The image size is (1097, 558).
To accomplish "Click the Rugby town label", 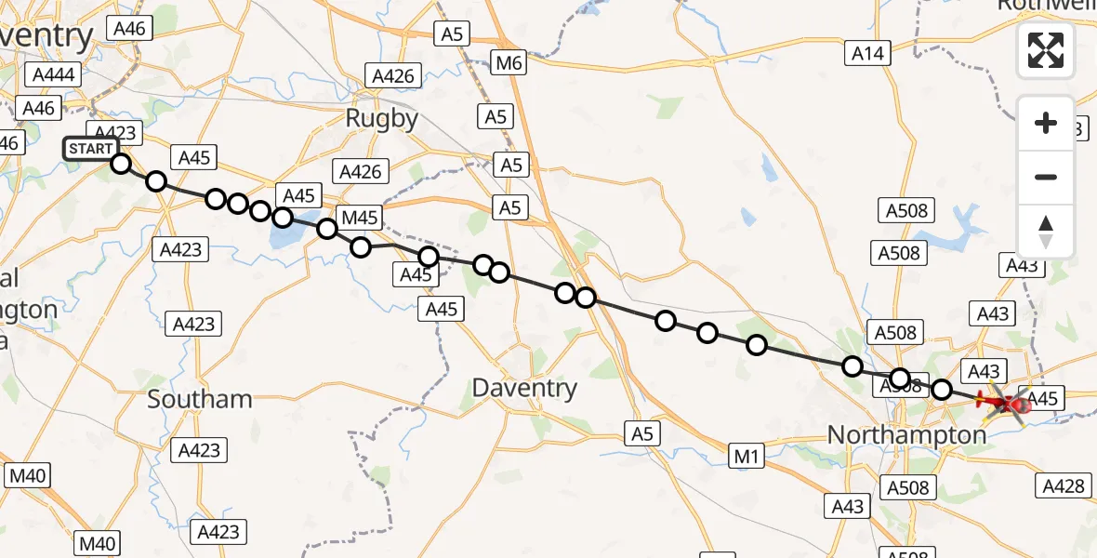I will (x=381, y=118).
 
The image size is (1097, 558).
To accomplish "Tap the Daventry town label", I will (x=524, y=388).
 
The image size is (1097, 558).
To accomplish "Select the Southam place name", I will (x=200, y=399).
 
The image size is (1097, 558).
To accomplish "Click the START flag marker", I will (x=91, y=149).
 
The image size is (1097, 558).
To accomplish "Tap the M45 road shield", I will (x=360, y=218).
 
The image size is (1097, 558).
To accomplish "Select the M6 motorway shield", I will (x=509, y=63).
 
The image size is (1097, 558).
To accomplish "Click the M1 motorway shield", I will (x=747, y=456).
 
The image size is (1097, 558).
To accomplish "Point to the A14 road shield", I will (x=868, y=54).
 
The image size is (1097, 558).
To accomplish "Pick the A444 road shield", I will (x=53, y=75).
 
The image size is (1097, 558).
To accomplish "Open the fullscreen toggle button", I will (x=1046, y=50).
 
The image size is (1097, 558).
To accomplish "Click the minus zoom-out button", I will (x=1046, y=177).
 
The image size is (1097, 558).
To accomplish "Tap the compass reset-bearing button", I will (x=1046, y=231).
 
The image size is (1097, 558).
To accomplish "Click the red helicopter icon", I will (x=1007, y=405).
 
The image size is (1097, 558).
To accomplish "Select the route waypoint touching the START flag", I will (x=121, y=164).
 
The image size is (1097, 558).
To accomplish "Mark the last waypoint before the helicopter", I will (x=942, y=390).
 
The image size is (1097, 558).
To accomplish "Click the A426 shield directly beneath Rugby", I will (x=361, y=172).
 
